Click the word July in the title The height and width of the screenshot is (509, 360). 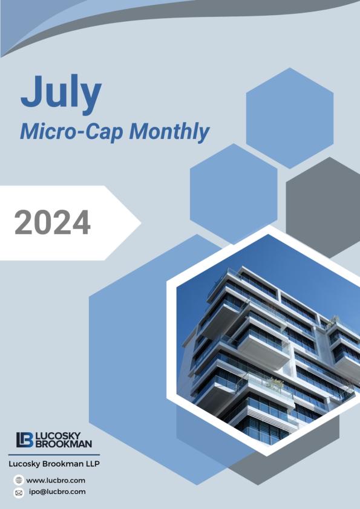pos(61,94)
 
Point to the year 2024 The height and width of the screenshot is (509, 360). pos(53,222)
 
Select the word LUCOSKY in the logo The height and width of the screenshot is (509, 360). pos(62,435)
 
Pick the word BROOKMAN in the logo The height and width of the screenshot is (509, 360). pos(65,444)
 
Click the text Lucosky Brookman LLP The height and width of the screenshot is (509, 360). pos(53,464)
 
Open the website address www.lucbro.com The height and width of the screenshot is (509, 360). pos(56,480)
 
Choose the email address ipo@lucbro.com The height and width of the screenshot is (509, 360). pos(57,491)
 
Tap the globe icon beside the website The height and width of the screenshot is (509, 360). pos(19,480)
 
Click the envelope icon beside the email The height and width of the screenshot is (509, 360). pos(19,492)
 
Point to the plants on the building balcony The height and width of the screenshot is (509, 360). pos(275,383)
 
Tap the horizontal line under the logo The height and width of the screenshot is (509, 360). pos(53,454)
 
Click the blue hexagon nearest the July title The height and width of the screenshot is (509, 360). pos(289,118)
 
